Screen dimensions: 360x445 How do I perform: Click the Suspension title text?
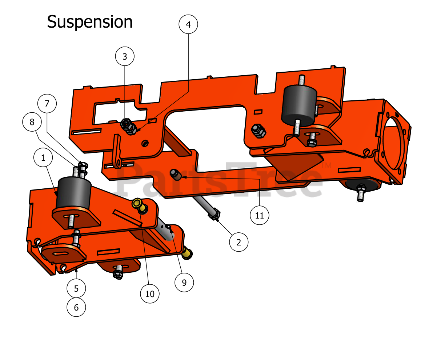click(90, 22)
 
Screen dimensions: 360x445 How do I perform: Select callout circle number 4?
click(188, 24)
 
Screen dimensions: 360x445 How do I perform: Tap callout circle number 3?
click(125, 56)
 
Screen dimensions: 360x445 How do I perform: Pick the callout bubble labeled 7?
click(47, 104)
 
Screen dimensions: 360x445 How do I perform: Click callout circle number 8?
click(32, 122)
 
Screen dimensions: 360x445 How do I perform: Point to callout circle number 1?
click(43, 158)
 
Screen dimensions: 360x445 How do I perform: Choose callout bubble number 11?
click(260, 215)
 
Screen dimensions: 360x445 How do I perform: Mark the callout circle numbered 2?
click(239, 242)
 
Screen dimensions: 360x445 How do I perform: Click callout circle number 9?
click(184, 283)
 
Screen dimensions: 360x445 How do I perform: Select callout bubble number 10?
click(150, 294)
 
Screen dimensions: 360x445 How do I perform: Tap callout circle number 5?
click(76, 288)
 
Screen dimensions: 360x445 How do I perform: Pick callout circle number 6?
click(76, 307)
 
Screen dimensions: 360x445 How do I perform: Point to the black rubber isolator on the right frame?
click(300, 104)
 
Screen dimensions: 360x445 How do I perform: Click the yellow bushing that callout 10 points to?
click(138, 203)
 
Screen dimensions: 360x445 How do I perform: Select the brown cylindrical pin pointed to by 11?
click(176, 175)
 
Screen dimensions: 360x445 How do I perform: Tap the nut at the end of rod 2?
click(214, 215)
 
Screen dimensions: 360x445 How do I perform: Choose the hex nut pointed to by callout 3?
click(125, 123)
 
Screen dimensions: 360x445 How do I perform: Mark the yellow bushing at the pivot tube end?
click(187, 253)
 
